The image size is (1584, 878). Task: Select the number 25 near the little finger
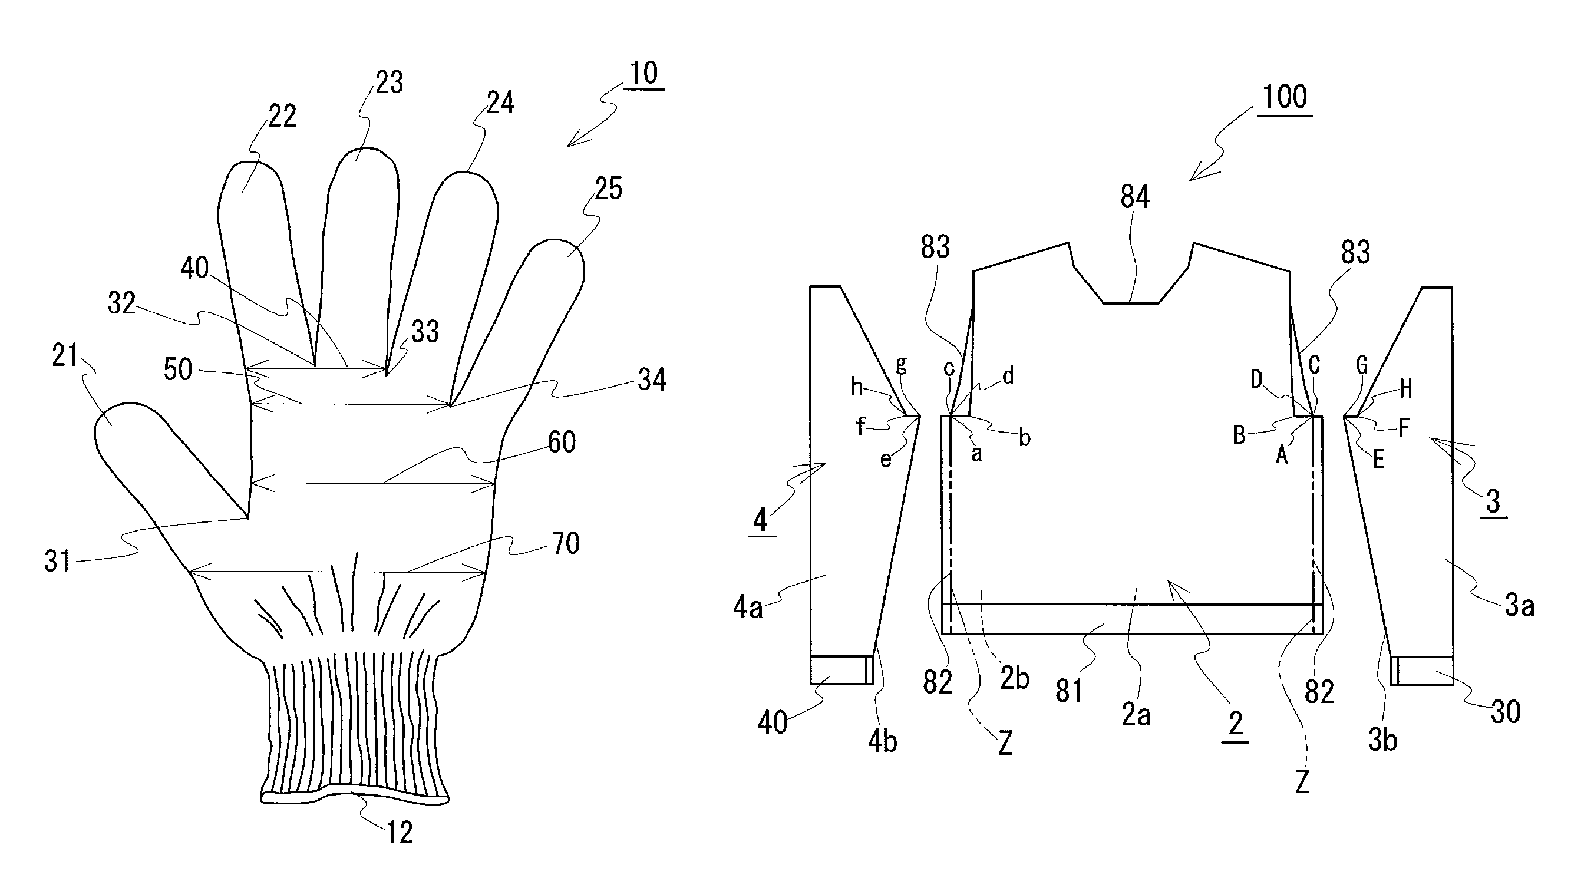[x=608, y=189]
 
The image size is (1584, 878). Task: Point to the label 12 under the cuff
[x=399, y=833]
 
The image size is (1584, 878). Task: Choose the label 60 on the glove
[x=562, y=442]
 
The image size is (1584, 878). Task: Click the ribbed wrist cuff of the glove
[x=354, y=725]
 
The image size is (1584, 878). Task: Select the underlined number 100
[x=1285, y=98]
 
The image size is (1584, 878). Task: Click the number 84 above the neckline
[x=1134, y=197]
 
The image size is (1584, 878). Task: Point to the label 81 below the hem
[x=1069, y=691]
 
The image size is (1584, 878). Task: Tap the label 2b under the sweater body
[x=1015, y=678]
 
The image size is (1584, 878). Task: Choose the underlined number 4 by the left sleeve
[x=761, y=520]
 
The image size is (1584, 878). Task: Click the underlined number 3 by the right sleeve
[x=1493, y=501]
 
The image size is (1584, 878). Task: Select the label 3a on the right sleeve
[x=1519, y=606]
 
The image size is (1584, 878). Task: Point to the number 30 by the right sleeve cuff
[x=1506, y=712]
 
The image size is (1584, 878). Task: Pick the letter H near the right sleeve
[x=1405, y=388]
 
